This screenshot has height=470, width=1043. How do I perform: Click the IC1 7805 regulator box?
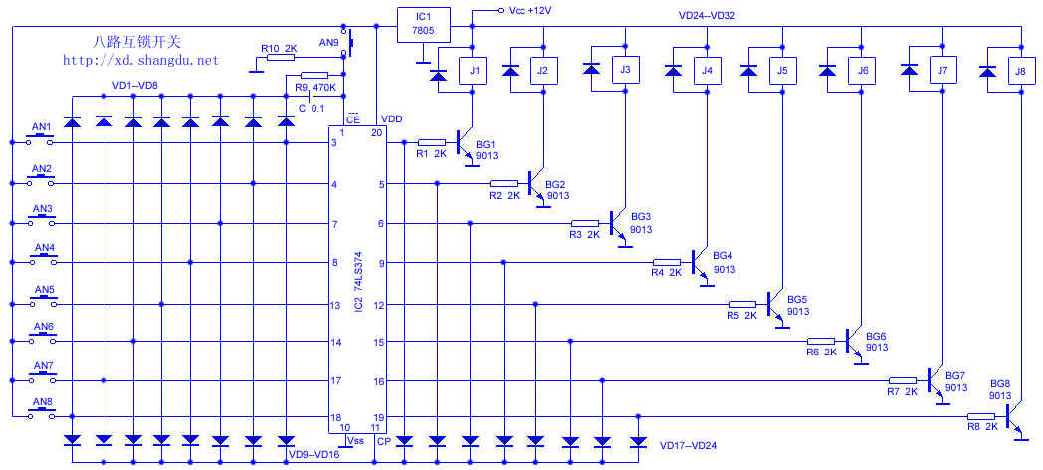[x=423, y=22]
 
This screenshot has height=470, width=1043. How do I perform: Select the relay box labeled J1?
[x=475, y=71]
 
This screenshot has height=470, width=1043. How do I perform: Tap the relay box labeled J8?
[x=1017, y=71]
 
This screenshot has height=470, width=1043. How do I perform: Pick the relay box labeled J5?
[x=781, y=71]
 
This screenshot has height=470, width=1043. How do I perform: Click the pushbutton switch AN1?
[x=41, y=135]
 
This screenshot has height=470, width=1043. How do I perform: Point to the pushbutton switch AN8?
[x=41, y=411]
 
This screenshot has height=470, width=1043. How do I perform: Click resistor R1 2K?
[x=432, y=143]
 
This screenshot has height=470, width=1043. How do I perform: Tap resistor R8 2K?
[x=981, y=417]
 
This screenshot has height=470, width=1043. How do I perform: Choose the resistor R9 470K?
[x=313, y=76]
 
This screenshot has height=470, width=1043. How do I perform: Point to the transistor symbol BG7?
[x=934, y=381]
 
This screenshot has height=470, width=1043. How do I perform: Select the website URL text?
[x=139, y=61]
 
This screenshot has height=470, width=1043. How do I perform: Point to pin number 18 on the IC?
[x=336, y=418]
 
